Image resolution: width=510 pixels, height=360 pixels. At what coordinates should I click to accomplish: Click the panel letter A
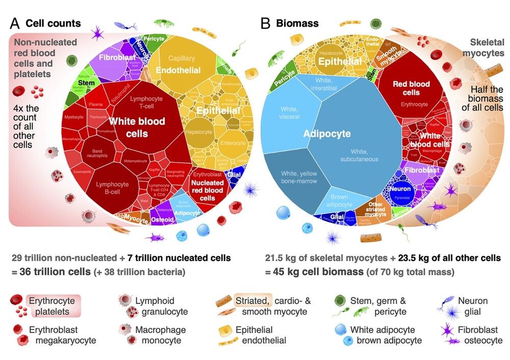click(x=15, y=23)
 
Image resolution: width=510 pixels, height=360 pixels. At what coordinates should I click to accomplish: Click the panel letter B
click(x=265, y=23)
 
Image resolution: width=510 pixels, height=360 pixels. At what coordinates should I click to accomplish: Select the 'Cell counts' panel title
click(x=53, y=23)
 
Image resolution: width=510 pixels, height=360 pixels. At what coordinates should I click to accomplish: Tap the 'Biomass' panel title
click(x=297, y=23)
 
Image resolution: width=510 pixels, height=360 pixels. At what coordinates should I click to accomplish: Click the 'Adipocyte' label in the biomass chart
click(x=327, y=134)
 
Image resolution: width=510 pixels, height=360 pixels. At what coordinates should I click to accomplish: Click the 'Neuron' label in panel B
click(x=400, y=188)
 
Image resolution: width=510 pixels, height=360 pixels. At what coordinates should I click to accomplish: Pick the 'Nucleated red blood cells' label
click(x=207, y=190)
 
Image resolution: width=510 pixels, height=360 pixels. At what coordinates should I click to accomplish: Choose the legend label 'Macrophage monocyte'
click(x=160, y=335)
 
